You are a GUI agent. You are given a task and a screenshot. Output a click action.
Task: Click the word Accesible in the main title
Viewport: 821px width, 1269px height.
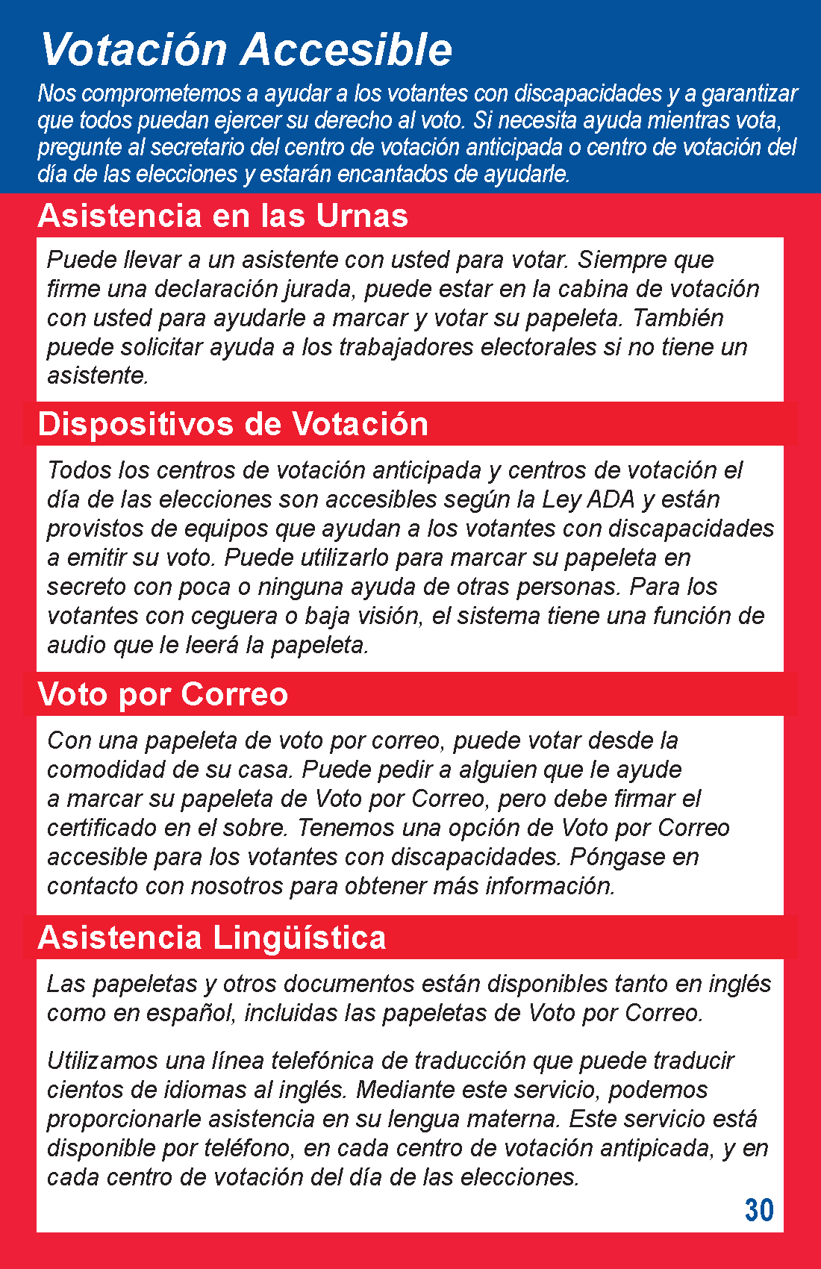[347, 50]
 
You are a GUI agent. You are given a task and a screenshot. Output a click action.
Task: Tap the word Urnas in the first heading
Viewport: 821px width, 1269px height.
[362, 216]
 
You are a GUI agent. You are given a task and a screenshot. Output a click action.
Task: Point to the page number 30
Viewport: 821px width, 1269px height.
[759, 1210]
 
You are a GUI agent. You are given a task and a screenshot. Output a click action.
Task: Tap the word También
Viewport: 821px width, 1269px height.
[678, 318]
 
